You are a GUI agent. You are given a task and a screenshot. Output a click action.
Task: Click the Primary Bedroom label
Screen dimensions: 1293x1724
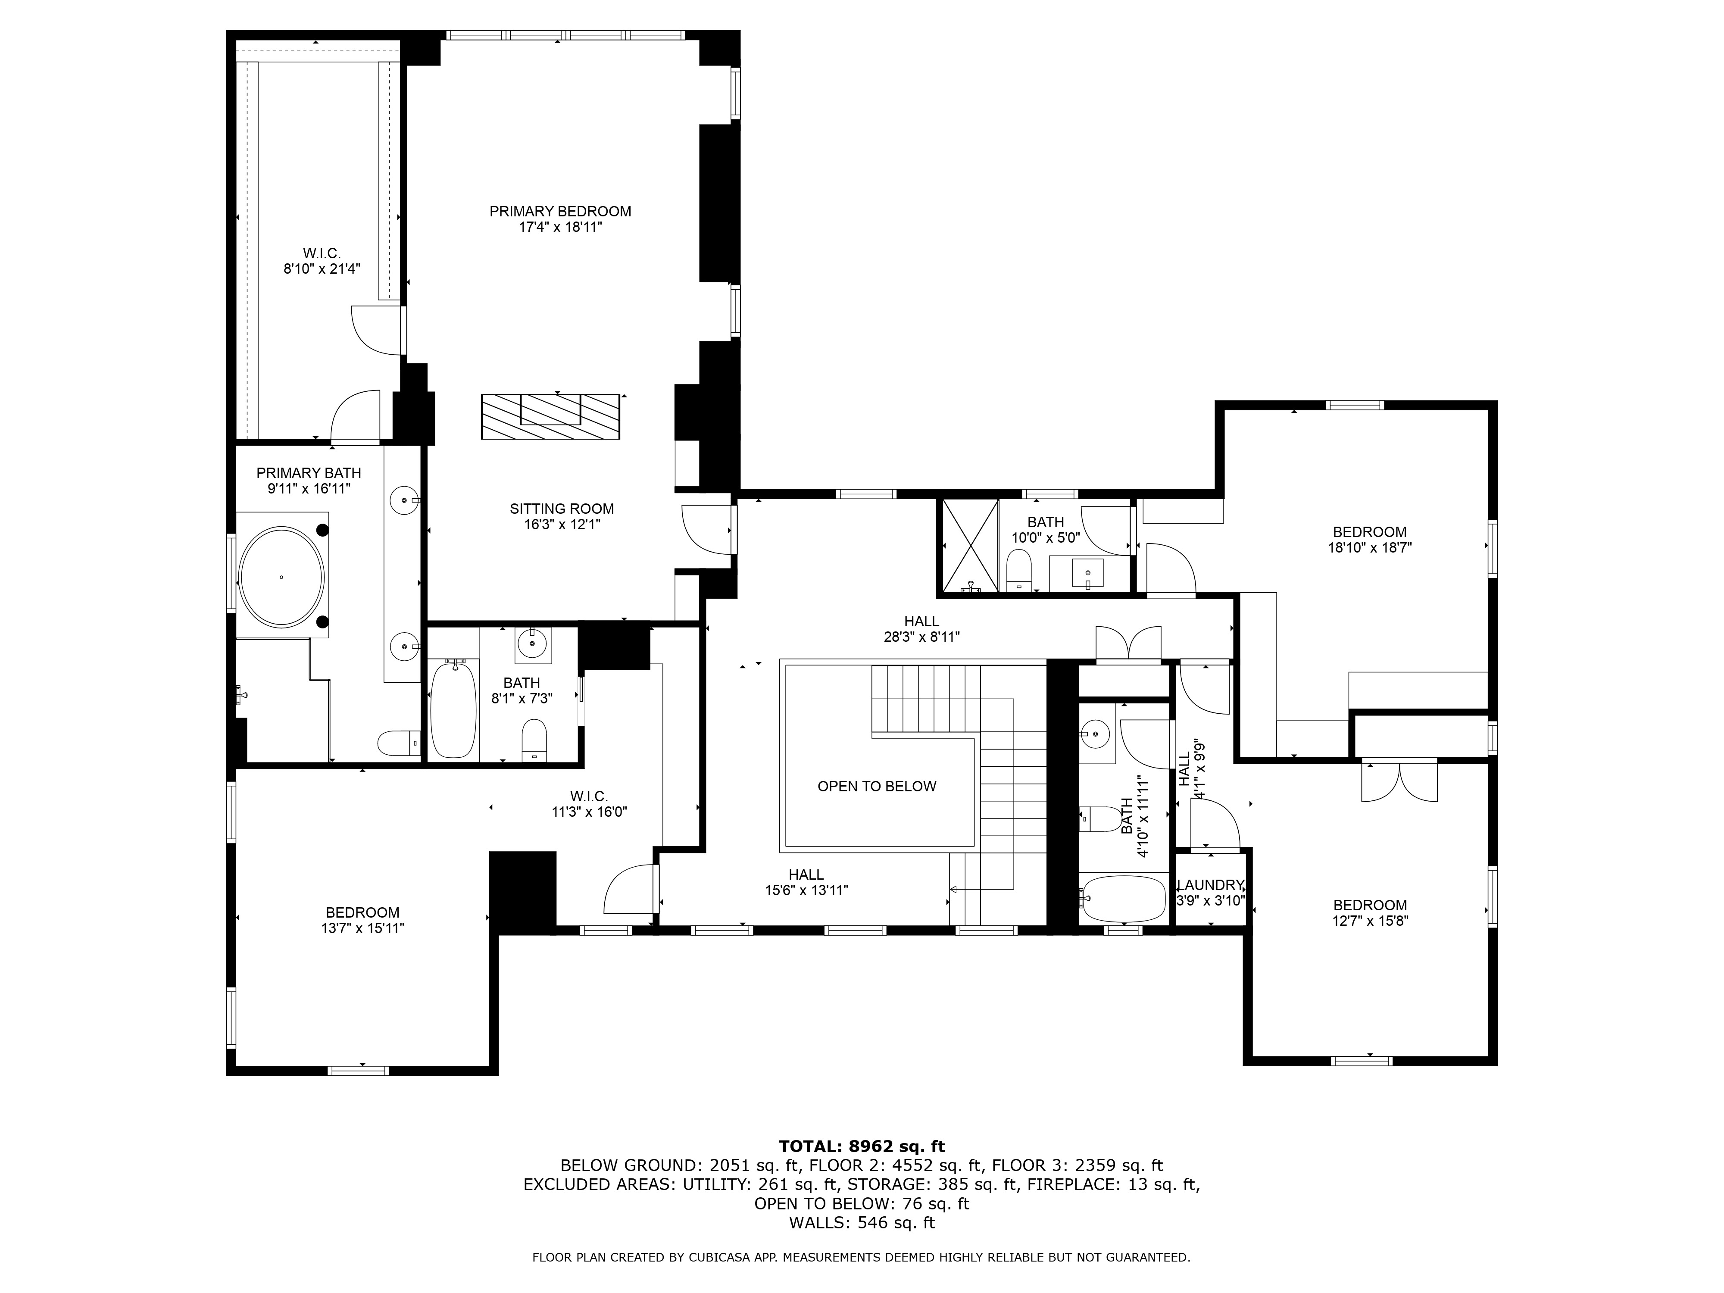559,211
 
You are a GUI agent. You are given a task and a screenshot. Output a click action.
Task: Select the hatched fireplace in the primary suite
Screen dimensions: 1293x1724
550,417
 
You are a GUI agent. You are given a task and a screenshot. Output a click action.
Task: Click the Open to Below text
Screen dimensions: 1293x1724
876,787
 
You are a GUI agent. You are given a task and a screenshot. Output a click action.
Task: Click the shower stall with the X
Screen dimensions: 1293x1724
970,546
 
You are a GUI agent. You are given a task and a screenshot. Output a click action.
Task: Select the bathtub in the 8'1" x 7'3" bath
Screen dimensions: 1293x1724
453,709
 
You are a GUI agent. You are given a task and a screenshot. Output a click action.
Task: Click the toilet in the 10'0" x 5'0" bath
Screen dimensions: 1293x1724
1018,571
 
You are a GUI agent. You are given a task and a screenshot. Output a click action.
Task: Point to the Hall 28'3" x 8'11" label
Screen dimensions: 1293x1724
921,629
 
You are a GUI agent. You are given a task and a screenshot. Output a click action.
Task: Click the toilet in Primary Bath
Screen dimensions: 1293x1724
397,742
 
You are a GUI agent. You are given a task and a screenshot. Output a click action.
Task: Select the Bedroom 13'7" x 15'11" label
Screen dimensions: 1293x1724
362,920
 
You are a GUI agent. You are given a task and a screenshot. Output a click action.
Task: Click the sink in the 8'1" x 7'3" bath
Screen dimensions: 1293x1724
533,644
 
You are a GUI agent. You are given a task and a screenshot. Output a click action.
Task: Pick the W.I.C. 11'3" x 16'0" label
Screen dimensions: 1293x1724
588,803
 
